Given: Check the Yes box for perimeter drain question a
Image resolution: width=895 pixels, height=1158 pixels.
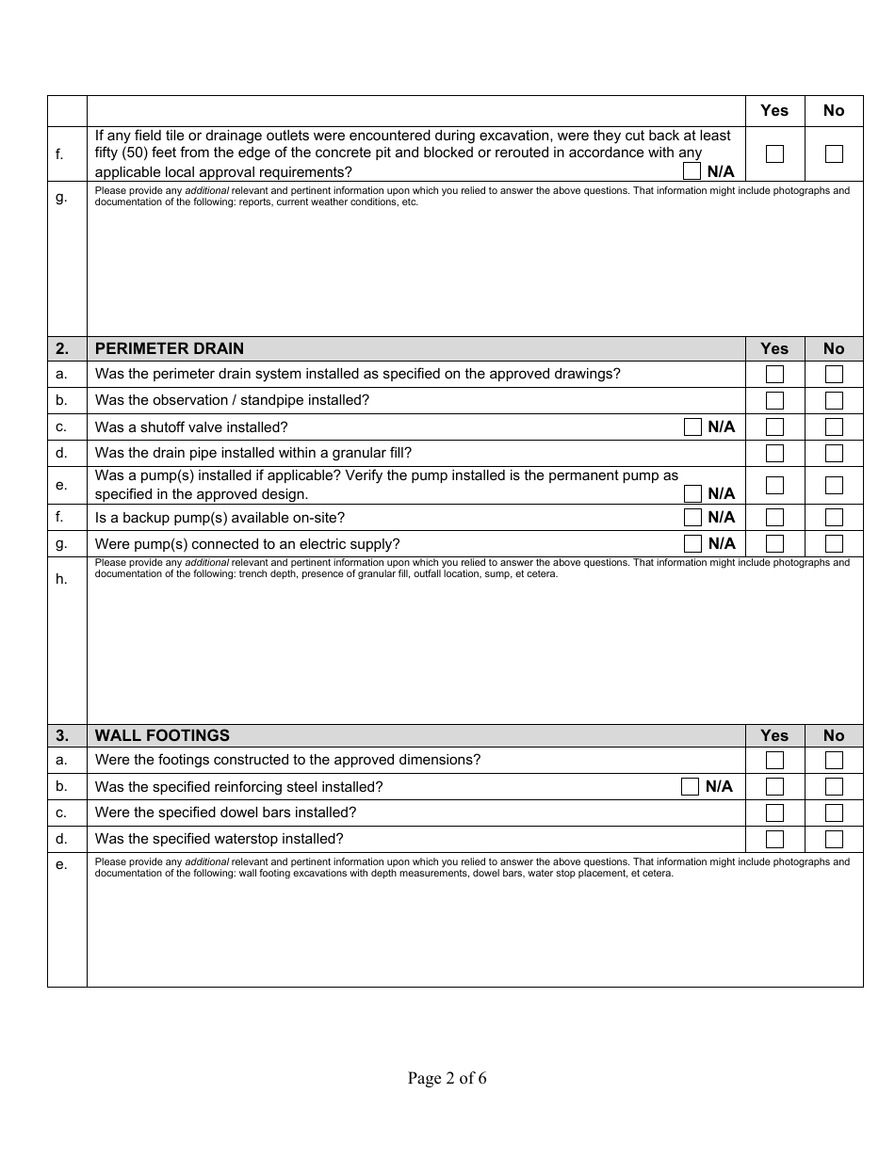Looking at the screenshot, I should pyautogui.click(x=774, y=374).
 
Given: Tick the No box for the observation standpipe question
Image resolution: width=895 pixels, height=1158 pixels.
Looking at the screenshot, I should pyautogui.click(x=834, y=400).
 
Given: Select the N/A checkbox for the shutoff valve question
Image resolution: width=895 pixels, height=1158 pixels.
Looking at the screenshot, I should pyautogui.click(x=692, y=426).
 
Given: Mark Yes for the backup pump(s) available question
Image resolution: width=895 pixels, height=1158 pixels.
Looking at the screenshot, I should pyautogui.click(x=774, y=517).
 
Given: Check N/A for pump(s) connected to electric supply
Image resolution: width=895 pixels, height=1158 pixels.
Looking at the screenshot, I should pyautogui.click(x=692, y=543).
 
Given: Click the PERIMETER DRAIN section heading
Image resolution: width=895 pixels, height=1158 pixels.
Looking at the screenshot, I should pyautogui.click(x=170, y=348).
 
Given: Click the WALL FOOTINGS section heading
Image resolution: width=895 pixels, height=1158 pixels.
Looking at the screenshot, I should pyautogui.click(x=162, y=735).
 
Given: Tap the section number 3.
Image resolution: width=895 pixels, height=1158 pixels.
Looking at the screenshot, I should pyautogui.click(x=62, y=735).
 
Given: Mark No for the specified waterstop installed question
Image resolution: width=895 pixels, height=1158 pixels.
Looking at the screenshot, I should pyautogui.click(x=834, y=839).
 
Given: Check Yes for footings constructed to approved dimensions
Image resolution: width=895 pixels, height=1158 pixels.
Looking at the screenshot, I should pyautogui.click(x=774, y=760).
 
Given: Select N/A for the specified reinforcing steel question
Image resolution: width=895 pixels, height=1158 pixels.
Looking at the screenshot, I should pyautogui.click(x=691, y=786).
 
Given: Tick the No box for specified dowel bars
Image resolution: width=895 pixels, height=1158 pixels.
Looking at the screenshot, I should pyautogui.click(x=834, y=812).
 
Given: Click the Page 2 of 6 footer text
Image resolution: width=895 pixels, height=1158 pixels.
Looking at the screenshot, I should pyautogui.click(x=447, y=1079).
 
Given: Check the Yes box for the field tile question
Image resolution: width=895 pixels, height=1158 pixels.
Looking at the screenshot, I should pyautogui.click(x=774, y=153).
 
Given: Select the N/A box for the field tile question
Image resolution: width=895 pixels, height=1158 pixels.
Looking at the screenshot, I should pyautogui.click(x=692, y=171).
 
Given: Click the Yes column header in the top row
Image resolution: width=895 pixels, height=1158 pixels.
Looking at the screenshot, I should pyautogui.click(x=774, y=110).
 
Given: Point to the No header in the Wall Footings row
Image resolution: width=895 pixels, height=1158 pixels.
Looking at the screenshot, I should pyautogui.click(x=834, y=735).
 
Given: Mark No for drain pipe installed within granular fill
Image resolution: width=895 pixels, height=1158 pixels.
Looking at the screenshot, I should pyautogui.click(x=834, y=453).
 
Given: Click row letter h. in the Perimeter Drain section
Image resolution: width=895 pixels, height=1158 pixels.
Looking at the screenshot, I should pyautogui.click(x=62, y=579).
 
